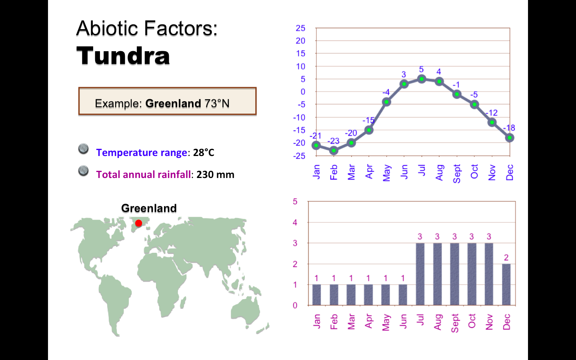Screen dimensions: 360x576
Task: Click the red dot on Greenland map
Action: click(x=138, y=223)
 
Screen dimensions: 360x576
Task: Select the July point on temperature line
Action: click(x=422, y=79)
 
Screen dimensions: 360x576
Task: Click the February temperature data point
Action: click(x=334, y=150)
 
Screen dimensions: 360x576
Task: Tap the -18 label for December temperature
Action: click(x=509, y=128)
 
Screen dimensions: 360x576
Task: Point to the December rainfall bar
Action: click(x=506, y=284)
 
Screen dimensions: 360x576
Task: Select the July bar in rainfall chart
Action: click(x=420, y=274)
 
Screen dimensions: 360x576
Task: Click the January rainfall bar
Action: click(x=316, y=295)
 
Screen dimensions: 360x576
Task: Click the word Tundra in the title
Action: click(x=123, y=56)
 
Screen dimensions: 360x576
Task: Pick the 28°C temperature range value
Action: click(x=204, y=153)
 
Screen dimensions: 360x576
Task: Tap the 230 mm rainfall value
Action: click(x=215, y=175)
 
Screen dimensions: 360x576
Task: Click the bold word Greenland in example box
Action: click(x=173, y=104)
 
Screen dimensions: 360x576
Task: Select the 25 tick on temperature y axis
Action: click(x=300, y=28)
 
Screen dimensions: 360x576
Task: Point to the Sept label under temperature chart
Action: click(x=457, y=173)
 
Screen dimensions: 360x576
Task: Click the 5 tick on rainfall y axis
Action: click(x=295, y=201)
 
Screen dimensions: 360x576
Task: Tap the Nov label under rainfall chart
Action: click(x=489, y=322)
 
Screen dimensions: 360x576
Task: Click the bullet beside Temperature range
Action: click(x=83, y=149)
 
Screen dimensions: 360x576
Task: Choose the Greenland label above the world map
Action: click(x=149, y=208)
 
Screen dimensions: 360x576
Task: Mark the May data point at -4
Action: click(x=386, y=102)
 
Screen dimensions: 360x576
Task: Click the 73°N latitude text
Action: click(x=217, y=104)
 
